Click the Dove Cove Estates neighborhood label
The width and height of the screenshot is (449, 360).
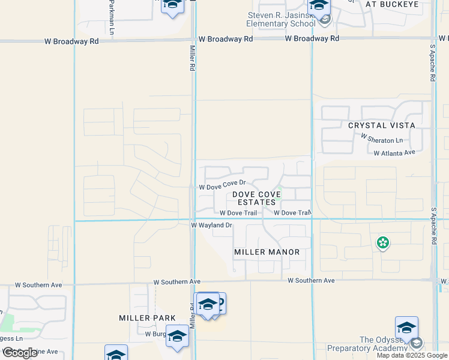point(257,198)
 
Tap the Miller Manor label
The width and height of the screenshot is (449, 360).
point(267,252)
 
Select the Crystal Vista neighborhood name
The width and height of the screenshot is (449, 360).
point(381,125)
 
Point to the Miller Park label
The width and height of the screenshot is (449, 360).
point(147,318)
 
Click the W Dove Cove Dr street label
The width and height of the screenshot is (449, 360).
point(223,185)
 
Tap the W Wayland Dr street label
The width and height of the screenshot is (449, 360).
point(211,225)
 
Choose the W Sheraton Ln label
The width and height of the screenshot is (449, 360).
point(381,139)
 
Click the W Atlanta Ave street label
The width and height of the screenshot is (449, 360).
point(394,153)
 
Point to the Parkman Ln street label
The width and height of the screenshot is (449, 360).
point(111,16)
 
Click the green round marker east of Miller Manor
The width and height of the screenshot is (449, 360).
point(382,243)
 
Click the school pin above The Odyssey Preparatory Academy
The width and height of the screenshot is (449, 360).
point(406,328)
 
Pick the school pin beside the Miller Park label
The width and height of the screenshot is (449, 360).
point(177,337)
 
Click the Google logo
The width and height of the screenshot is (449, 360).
point(20,353)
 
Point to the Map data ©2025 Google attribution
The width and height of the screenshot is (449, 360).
point(412,355)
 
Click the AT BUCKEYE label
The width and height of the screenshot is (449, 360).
point(391,4)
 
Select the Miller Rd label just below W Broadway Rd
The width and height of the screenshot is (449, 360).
point(193,59)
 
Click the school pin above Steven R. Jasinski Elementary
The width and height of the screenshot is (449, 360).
point(319,6)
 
